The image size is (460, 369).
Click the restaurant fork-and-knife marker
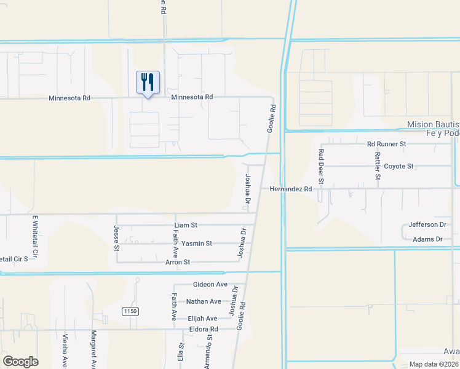148,82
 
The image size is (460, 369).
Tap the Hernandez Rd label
291,189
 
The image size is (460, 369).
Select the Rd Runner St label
387,144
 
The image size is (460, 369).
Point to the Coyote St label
399,167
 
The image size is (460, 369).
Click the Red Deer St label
320,169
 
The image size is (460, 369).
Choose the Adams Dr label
428,239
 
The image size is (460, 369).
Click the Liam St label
185,226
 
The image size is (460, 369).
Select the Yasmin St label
196,244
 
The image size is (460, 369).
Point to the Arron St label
178,262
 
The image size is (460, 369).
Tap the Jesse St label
116,237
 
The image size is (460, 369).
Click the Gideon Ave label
210,285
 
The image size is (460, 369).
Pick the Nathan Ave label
204,301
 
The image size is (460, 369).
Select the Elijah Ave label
202,319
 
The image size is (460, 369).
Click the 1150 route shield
129,312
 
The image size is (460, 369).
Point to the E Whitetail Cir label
35,236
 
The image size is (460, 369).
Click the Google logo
20,362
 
